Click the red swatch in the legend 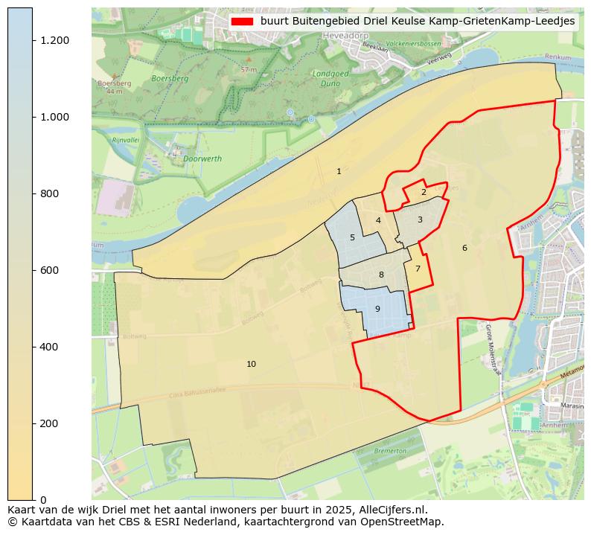242,22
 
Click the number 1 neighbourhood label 339,171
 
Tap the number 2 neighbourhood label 424,192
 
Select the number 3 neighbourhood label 420,220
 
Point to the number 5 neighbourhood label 352,238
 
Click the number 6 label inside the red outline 464,248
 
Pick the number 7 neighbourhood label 418,269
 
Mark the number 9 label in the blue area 377,309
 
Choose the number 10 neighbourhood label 251,364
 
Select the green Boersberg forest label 170,78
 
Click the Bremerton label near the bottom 390,451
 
